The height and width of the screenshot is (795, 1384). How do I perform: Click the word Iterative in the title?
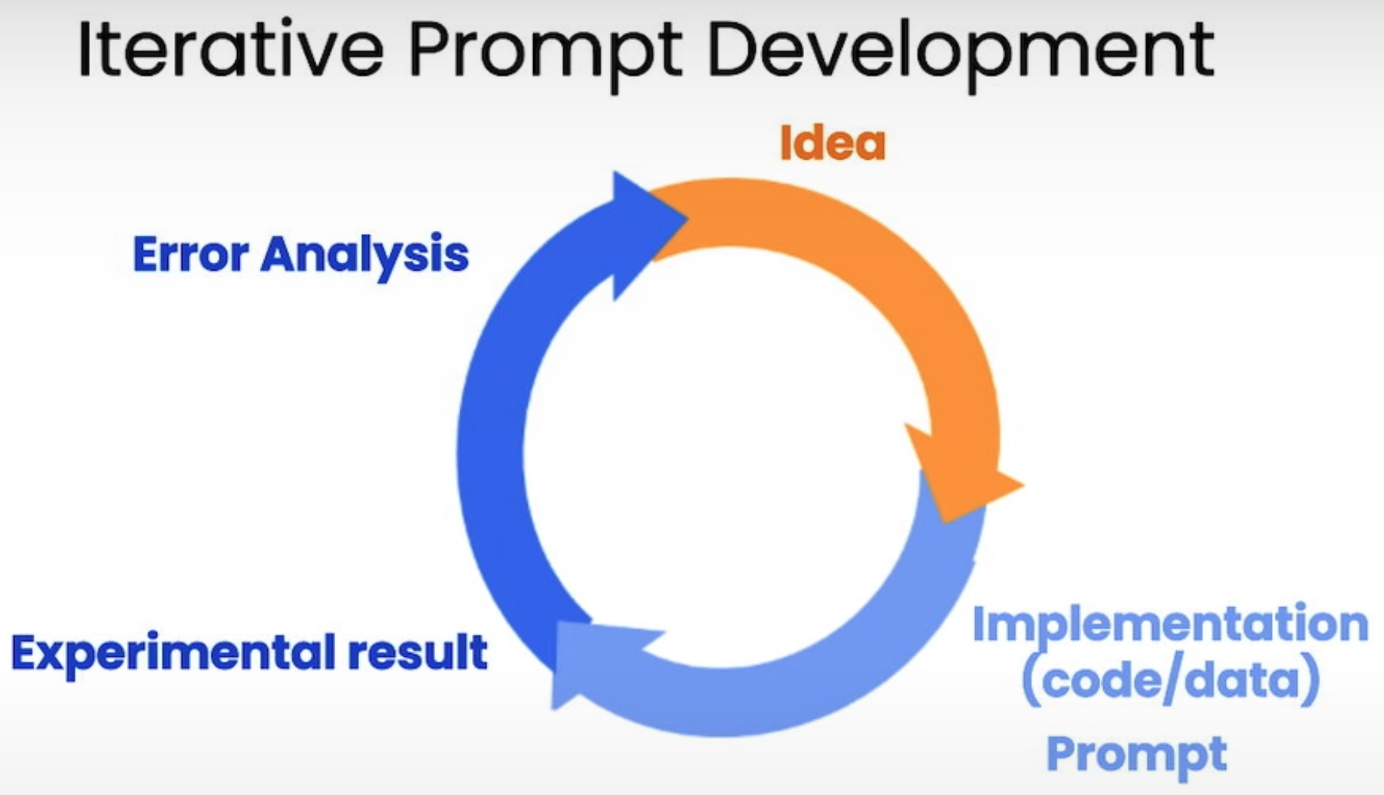tap(230, 49)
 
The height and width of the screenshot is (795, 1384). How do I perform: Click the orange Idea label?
tap(832, 143)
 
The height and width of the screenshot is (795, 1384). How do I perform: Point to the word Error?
tap(190, 254)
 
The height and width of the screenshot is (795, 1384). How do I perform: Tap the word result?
tap(418, 652)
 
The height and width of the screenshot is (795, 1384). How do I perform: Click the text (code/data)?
tap(1171, 680)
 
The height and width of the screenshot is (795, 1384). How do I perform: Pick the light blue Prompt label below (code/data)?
tap(1137, 755)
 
